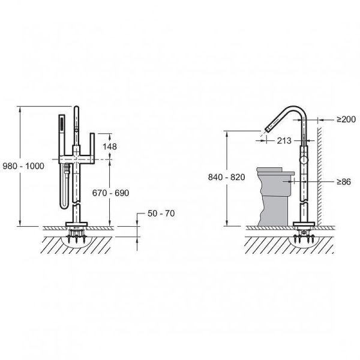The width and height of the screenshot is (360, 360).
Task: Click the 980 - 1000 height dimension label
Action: (x=23, y=166)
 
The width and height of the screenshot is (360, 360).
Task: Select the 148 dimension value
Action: (x=110, y=146)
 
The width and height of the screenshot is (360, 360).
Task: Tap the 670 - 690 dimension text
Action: (x=110, y=193)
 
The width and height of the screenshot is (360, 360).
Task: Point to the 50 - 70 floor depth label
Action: (x=161, y=214)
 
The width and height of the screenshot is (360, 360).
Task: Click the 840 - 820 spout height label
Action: (x=227, y=177)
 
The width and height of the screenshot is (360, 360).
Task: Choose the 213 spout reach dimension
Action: (x=284, y=141)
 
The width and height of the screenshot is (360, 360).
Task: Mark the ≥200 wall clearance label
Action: (x=346, y=119)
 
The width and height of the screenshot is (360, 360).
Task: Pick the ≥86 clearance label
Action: (x=344, y=182)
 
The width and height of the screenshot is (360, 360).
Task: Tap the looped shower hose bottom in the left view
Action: (x=64, y=205)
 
